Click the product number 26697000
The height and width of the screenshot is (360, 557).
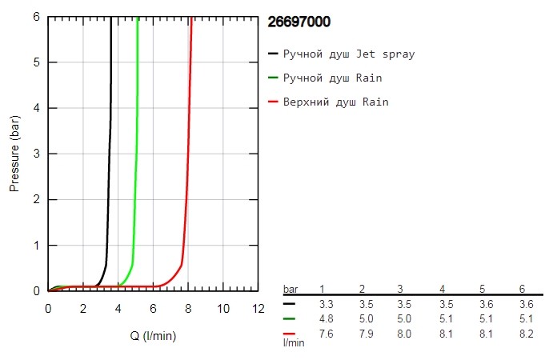point(298,22)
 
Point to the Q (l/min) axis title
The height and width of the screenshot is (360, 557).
point(153,336)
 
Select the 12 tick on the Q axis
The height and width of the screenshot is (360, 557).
point(257,309)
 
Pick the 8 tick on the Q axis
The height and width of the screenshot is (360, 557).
point(187,309)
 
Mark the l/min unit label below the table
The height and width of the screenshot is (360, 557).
point(294,342)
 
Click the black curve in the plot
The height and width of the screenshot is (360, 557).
point(109,160)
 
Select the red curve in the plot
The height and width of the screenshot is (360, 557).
point(187,160)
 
